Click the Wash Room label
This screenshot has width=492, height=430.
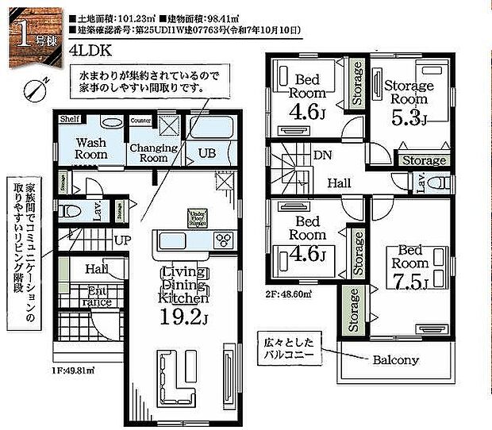pyautogui.click(x=91, y=148)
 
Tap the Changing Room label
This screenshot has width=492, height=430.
pyautogui.click(x=148, y=153)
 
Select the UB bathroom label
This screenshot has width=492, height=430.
pyautogui.click(x=206, y=153)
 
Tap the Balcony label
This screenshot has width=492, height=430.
pyautogui.click(x=396, y=359)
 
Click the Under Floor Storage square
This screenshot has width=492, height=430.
pyautogui.click(x=197, y=217)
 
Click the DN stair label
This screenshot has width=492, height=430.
pyautogui.click(x=322, y=155)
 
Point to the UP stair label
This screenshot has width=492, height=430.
pyautogui.click(x=123, y=239)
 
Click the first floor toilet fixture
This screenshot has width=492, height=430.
pyautogui.click(x=71, y=211)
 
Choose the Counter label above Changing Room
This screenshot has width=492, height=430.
pyautogui.click(x=141, y=119)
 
